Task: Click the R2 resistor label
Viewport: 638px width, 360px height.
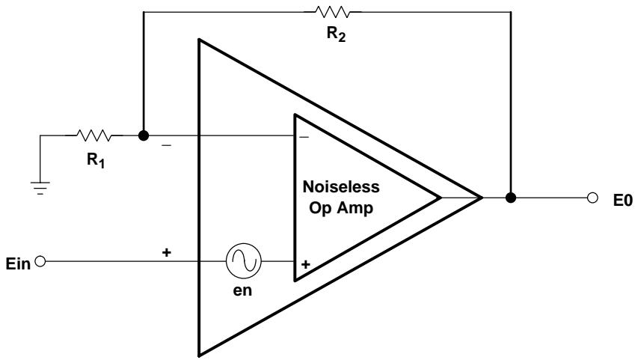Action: click(x=336, y=34)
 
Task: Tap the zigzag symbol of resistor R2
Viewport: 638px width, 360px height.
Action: click(x=332, y=12)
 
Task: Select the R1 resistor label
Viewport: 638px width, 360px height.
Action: click(x=96, y=160)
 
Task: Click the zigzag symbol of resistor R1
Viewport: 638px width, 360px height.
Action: click(x=93, y=135)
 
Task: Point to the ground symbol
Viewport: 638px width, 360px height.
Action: click(x=40, y=188)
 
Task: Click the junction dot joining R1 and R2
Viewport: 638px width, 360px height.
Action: click(x=143, y=135)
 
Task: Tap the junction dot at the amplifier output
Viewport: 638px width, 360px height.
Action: click(x=511, y=198)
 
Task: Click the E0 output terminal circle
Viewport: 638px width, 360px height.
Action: click(x=593, y=198)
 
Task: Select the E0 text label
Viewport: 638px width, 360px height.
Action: click(x=623, y=201)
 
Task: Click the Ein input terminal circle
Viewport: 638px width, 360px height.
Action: click(x=40, y=261)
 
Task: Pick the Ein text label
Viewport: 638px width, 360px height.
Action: click(x=18, y=264)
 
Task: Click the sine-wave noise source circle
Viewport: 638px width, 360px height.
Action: click(x=244, y=261)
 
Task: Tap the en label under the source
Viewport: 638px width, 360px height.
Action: click(x=242, y=290)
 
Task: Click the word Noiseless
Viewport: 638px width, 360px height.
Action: click(x=341, y=187)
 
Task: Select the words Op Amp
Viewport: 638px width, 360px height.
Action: click(x=341, y=208)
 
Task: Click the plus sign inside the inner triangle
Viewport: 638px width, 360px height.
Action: click(x=306, y=264)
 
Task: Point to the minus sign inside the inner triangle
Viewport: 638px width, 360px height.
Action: click(x=304, y=137)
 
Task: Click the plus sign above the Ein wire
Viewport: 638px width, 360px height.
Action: click(x=166, y=252)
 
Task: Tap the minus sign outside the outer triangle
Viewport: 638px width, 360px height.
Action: click(x=166, y=145)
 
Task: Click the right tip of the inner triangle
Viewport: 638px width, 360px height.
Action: click(x=441, y=198)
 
